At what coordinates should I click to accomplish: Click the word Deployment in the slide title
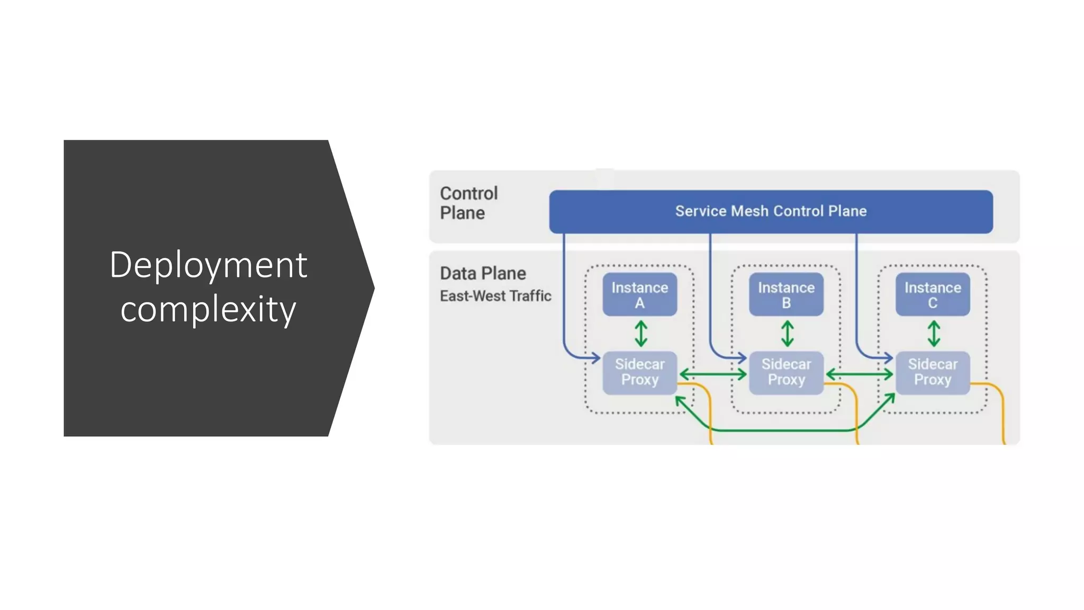pyautogui.click(x=208, y=265)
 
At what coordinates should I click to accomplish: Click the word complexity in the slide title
pyautogui.click(x=208, y=309)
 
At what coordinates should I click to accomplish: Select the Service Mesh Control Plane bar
pyautogui.click(x=771, y=211)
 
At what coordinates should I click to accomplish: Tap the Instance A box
pyautogui.click(x=639, y=295)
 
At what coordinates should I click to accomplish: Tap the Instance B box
pyautogui.click(x=786, y=295)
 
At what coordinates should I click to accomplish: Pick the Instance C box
pyautogui.click(x=933, y=295)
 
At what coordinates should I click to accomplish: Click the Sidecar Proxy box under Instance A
pyautogui.click(x=639, y=372)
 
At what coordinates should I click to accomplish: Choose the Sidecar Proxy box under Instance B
pyautogui.click(x=786, y=372)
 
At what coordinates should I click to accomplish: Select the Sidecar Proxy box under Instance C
pyautogui.click(x=933, y=372)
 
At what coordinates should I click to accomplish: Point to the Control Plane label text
pyautogui.click(x=468, y=203)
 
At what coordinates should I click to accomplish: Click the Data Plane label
pyautogui.click(x=483, y=273)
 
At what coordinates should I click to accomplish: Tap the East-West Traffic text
pyautogui.click(x=495, y=296)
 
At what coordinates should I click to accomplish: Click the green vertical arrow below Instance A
pyautogui.click(x=641, y=334)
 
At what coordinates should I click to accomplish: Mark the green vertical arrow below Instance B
pyautogui.click(x=788, y=334)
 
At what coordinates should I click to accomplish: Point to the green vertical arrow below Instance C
pyautogui.click(x=934, y=334)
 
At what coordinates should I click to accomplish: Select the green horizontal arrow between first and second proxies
pyautogui.click(x=713, y=374)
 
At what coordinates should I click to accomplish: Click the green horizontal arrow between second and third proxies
pyautogui.click(x=860, y=374)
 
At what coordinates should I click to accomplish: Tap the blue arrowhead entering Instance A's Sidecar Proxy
pyautogui.click(x=596, y=358)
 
